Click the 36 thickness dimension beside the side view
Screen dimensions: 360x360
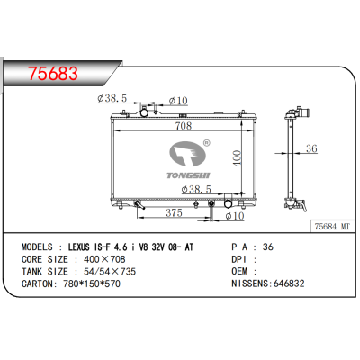[x=312, y=149]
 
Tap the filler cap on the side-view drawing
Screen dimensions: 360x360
[x=296, y=113]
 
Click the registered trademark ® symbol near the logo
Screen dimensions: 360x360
[x=206, y=143]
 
